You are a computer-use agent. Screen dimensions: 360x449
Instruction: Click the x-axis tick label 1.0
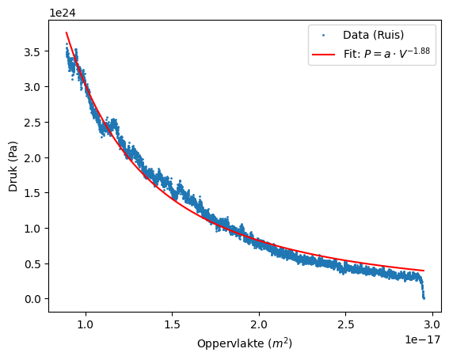tap(86, 324)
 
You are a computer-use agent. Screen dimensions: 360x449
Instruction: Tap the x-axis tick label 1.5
tap(173, 324)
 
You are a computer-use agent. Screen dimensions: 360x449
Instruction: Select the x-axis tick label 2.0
tap(259, 324)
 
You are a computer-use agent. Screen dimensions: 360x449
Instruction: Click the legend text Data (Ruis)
tap(374, 36)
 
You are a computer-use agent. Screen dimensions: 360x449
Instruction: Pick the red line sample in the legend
tap(325, 54)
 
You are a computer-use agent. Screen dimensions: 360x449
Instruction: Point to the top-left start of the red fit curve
tap(67, 32)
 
